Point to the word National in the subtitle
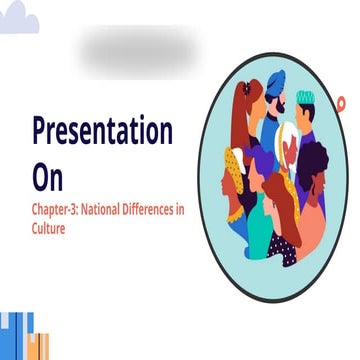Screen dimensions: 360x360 [110, 211]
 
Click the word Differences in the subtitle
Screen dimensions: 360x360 [158, 211]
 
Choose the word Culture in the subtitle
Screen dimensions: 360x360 [49, 227]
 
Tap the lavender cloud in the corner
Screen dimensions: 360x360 [18, 14]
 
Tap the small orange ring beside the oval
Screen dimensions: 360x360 [343, 103]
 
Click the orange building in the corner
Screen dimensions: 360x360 [31, 335]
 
